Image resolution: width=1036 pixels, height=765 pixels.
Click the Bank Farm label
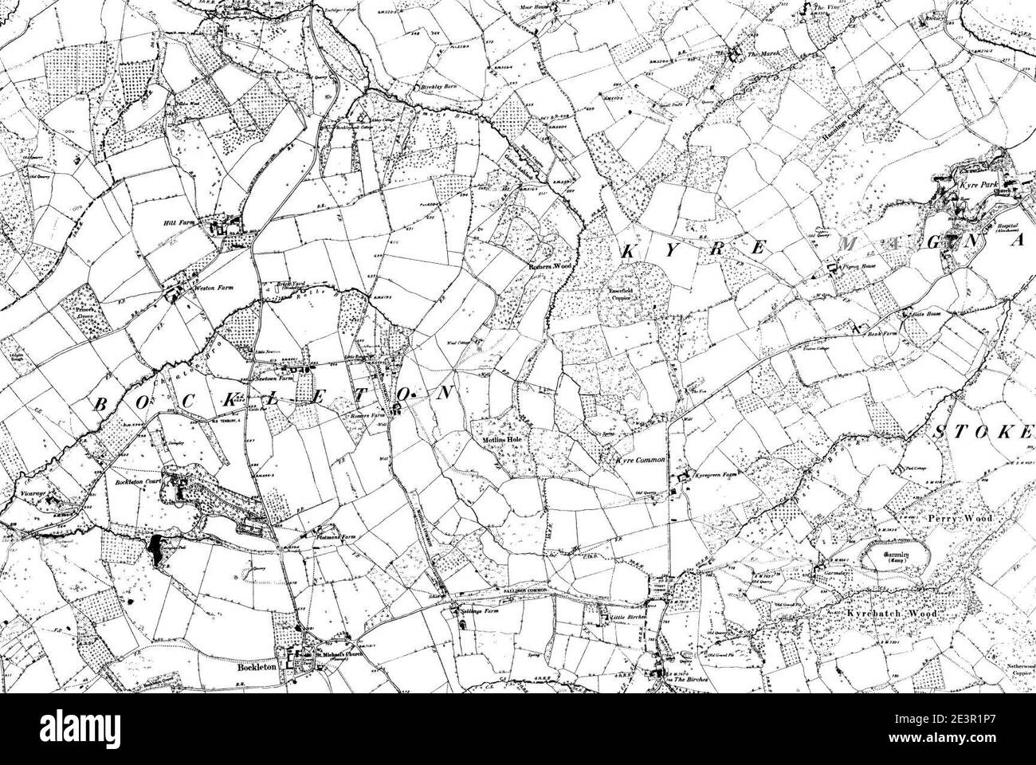[x=881, y=335]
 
